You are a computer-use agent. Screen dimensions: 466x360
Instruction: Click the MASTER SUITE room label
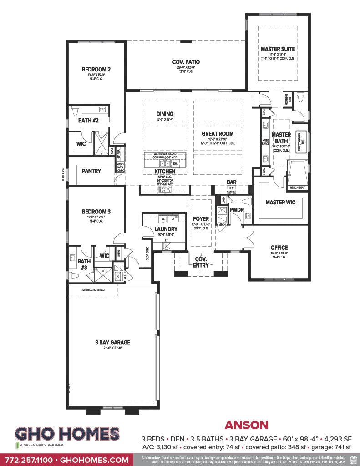click(278, 49)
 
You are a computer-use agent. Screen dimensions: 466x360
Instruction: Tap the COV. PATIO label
click(186, 62)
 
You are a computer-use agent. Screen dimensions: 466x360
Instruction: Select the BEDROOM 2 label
click(96, 70)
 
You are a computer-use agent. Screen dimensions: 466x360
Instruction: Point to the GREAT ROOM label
click(218, 134)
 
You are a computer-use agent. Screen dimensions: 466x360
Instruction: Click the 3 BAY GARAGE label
click(112, 343)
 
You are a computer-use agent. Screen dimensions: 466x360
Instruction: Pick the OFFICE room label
click(279, 248)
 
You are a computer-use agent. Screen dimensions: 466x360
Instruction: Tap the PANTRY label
click(91, 171)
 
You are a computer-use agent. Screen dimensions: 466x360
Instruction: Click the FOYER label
click(201, 219)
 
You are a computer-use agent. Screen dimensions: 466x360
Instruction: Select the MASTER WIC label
click(281, 203)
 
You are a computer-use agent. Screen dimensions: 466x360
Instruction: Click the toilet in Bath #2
click(76, 110)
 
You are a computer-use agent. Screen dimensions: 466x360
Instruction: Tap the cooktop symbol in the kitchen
click(164, 190)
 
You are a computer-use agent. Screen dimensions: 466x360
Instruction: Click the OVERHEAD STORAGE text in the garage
click(93, 289)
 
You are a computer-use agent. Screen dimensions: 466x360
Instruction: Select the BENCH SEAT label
click(298, 187)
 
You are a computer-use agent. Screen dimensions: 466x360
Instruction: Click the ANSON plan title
click(246, 425)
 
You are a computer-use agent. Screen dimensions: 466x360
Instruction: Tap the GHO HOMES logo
click(67, 434)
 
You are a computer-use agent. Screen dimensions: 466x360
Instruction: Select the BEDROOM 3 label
click(96, 212)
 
